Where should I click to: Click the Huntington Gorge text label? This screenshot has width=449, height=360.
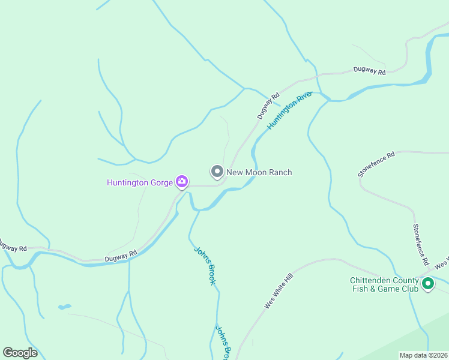click(140, 182)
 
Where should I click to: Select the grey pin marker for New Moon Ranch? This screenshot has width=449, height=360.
click(217, 172)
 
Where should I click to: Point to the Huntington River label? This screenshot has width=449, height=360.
click(290, 110)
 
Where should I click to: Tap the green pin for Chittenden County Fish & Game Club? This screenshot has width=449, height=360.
click(428, 284)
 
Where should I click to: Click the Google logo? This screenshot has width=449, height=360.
click(20, 353)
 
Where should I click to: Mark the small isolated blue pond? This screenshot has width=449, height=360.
click(64, 307)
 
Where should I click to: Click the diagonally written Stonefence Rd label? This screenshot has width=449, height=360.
click(376, 164)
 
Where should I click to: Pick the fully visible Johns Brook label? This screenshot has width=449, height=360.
click(204, 265)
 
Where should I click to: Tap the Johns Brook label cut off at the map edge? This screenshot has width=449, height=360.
click(223, 343)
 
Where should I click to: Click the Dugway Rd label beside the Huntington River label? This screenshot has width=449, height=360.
click(269, 105)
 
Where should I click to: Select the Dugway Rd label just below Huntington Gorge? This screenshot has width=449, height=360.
click(121, 255)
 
